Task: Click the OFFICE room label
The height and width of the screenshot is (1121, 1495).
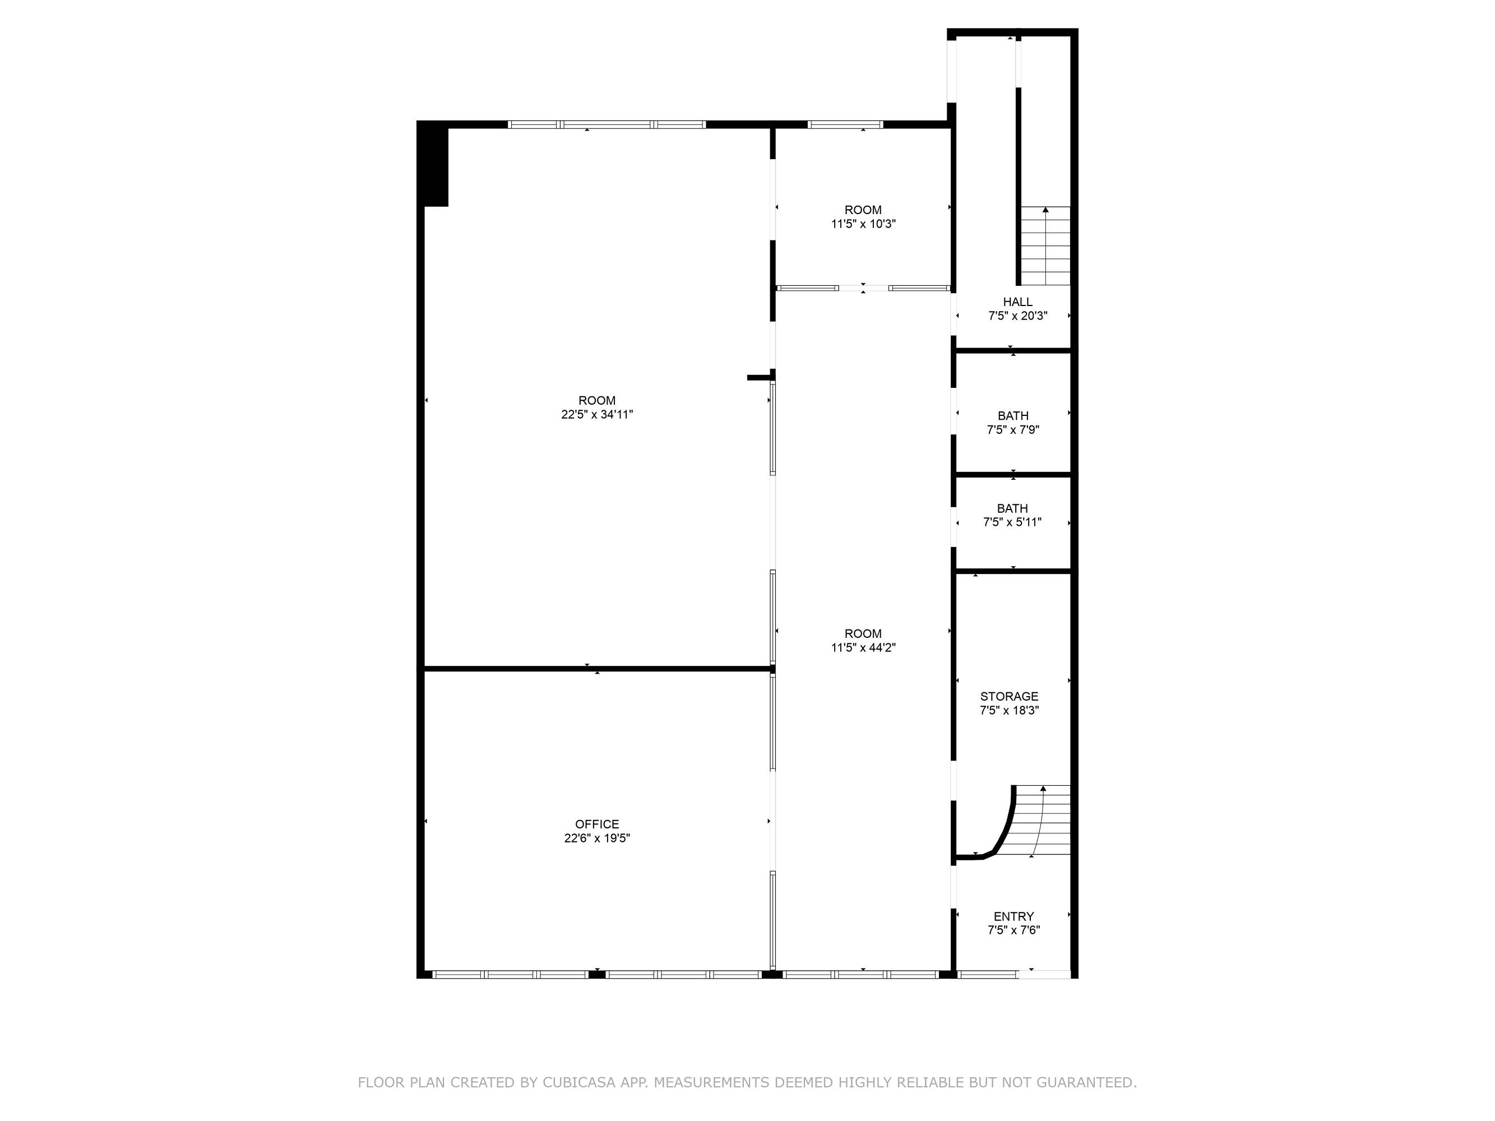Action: coord(597,824)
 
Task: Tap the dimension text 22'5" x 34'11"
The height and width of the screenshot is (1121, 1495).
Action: coord(597,414)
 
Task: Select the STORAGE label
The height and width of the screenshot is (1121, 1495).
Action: coord(1009,696)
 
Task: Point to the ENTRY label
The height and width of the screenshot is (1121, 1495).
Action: coord(1013,916)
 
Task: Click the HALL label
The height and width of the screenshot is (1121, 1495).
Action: coord(1017,302)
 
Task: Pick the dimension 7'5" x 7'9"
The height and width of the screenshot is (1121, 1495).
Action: coord(1012,430)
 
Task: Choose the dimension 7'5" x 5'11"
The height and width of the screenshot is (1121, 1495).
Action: coord(1012,522)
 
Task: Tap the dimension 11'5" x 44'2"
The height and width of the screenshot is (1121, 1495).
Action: coord(863,647)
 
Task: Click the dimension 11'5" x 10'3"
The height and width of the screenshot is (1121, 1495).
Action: coord(863,224)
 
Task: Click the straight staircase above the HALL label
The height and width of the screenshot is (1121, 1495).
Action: coord(1045,245)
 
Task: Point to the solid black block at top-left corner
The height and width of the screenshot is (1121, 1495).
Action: coord(433,164)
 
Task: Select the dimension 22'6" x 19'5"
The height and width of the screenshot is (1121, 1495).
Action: coord(597,838)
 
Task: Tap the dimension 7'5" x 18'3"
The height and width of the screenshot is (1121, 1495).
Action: coord(1009,710)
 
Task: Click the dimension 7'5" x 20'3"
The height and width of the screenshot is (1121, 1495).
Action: coord(1017,316)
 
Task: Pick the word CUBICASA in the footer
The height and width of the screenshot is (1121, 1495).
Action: coord(579,1082)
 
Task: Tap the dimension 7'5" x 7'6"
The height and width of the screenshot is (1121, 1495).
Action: coord(1013,930)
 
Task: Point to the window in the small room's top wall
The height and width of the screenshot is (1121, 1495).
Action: coord(845,124)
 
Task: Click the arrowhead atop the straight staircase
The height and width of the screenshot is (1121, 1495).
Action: coord(1045,210)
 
